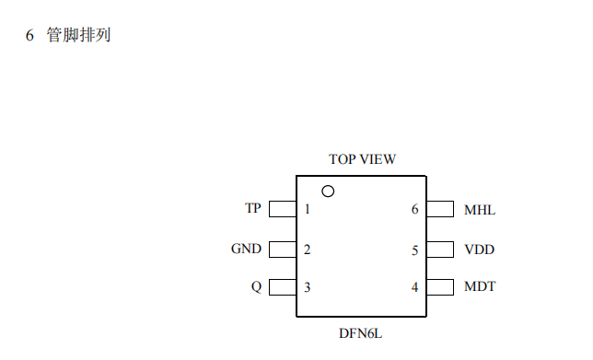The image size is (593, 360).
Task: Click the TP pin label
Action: coord(253,208)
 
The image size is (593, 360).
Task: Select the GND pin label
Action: coord(246,249)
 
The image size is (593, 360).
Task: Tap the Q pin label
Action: coord(256,286)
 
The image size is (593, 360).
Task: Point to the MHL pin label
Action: coord(479,209)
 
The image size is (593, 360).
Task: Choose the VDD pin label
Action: coord(479,250)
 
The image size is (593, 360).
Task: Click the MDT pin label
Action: coord(479,286)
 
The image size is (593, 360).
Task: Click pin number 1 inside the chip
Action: coord(307,209)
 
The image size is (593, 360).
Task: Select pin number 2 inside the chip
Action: coord(307,250)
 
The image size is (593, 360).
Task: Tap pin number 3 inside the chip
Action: coord(307,287)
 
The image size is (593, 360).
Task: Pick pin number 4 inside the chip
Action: coord(414,287)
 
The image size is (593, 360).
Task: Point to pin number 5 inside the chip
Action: coord(414,250)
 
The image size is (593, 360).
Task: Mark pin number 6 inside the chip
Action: coord(414,209)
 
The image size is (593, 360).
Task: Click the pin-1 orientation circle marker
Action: coord(328,191)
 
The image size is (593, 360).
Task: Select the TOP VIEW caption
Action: coord(362,159)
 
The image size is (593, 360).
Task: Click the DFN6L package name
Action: coord(360,333)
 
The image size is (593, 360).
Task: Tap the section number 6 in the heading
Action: coord(29,36)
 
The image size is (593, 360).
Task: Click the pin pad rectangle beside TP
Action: coord(282,209)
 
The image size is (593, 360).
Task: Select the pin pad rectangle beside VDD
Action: coord(440,250)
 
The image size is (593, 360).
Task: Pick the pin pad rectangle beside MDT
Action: coord(440,286)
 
